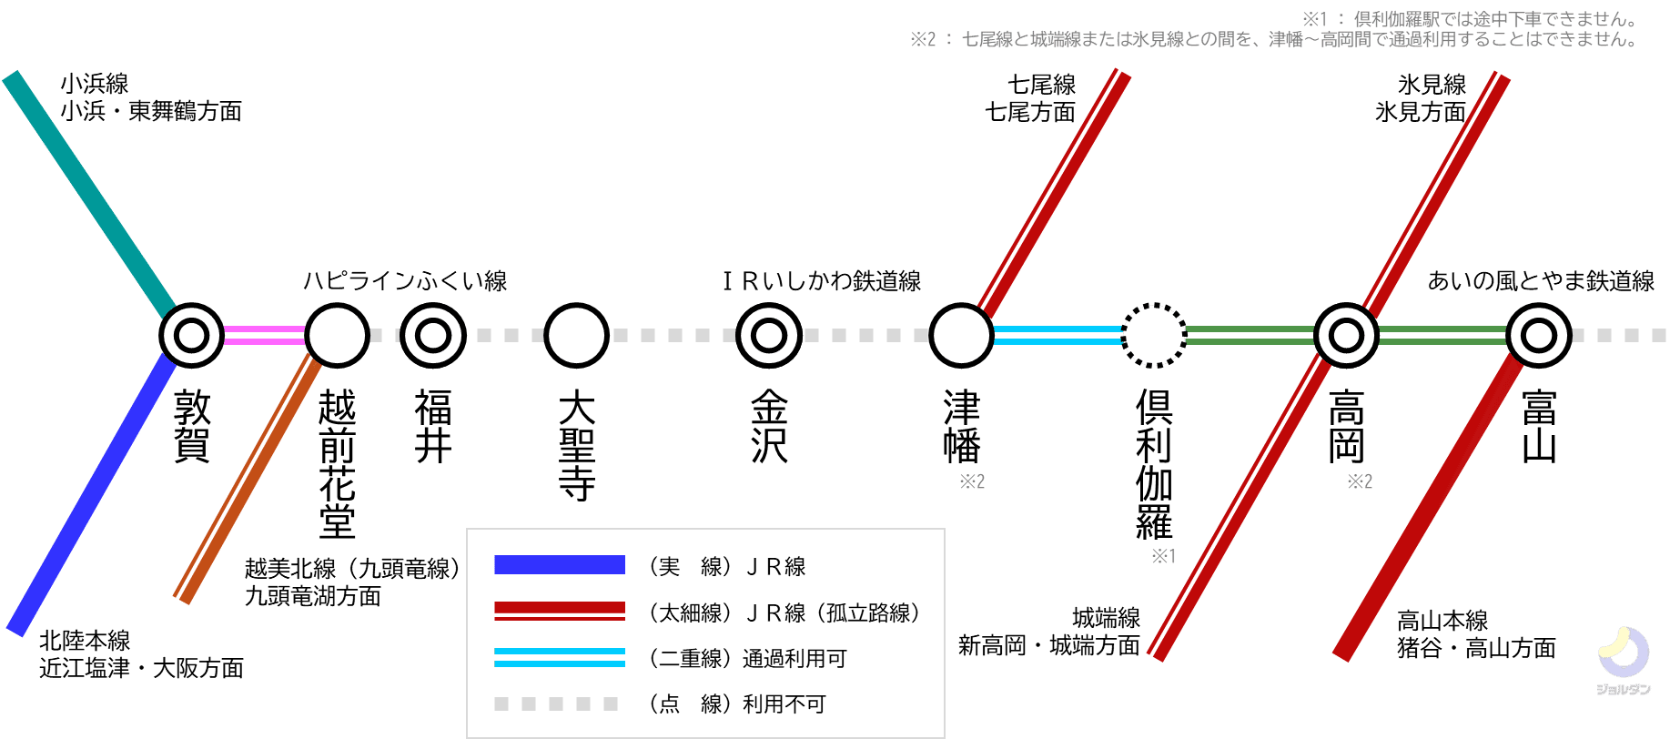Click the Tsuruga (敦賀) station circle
coord(192,335)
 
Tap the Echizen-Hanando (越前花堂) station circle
coord(337,335)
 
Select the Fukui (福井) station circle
coord(433,335)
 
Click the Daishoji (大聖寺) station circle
coord(577,335)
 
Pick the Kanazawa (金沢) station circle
coord(769,335)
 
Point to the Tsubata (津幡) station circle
coord(961,335)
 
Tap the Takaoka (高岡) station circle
coord(1346,335)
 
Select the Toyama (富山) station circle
coord(1539,335)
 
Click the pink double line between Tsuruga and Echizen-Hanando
coord(265,335)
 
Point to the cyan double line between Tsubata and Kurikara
coord(1058,335)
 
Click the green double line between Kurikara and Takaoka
coord(1250,335)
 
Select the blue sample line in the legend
coord(560,565)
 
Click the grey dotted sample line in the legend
coord(556,704)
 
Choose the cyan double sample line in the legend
coord(560,657)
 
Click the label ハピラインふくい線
coord(405,280)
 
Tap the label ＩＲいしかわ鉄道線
coord(822,280)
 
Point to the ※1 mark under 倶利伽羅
coord(1164,555)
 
